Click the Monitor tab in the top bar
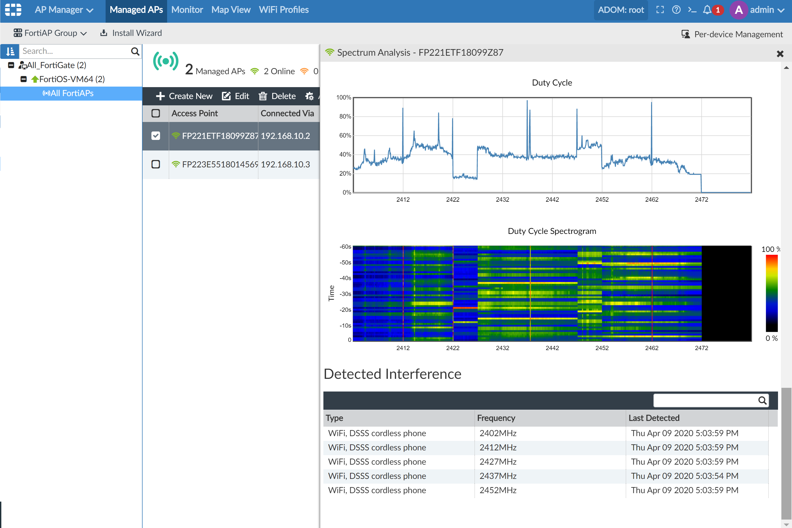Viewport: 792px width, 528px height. tap(187, 10)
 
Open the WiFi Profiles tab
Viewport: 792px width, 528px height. tap(284, 10)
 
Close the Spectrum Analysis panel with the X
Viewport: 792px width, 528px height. tap(780, 54)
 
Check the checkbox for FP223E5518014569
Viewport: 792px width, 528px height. tap(155, 164)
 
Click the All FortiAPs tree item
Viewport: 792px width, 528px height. tap(68, 93)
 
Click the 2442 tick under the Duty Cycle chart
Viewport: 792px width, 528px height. tap(552, 200)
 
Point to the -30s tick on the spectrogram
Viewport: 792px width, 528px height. tap(345, 294)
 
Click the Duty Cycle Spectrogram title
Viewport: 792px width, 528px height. tap(551, 231)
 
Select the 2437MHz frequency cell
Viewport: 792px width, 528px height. tap(498, 476)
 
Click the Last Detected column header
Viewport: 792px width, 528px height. tap(654, 418)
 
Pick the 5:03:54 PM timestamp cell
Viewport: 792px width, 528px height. tap(684, 476)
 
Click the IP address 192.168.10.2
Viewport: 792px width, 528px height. tap(285, 136)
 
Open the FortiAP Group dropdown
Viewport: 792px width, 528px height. tap(50, 33)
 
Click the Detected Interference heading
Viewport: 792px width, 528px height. tap(392, 374)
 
